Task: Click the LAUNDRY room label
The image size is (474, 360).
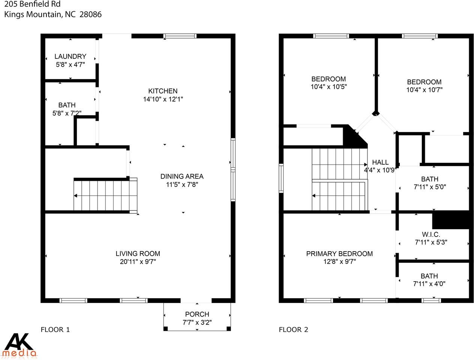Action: coord(70,57)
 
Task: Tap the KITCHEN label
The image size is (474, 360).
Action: coord(163,91)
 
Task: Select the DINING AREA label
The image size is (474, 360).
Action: coord(182,176)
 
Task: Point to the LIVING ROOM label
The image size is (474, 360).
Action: coord(138,254)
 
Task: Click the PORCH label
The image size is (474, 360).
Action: coord(197,314)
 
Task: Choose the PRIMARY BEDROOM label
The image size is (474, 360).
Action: coord(339,254)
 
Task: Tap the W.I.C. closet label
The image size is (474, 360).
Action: coord(430,234)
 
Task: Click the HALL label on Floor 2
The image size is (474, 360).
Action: coord(380,162)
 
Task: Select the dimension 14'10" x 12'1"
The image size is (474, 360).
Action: coord(163,99)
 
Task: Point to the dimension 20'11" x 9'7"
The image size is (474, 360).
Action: coord(138,262)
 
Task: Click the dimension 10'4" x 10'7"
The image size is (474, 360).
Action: coord(424,90)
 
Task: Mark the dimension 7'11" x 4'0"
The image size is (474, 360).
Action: coord(429,284)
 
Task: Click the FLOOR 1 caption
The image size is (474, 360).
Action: coord(55,330)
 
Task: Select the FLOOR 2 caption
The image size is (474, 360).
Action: coord(293,330)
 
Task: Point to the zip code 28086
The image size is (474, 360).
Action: coord(90,15)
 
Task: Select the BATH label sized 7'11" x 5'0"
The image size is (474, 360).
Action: coord(429,179)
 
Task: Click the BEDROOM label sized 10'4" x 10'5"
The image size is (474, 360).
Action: coord(328,79)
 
